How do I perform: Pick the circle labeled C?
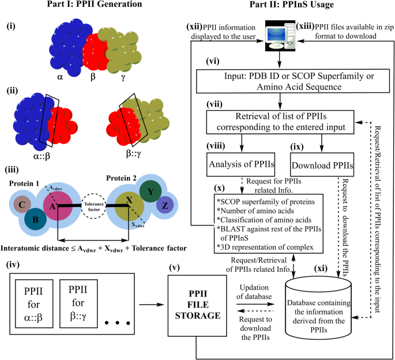(x=21, y=204)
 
